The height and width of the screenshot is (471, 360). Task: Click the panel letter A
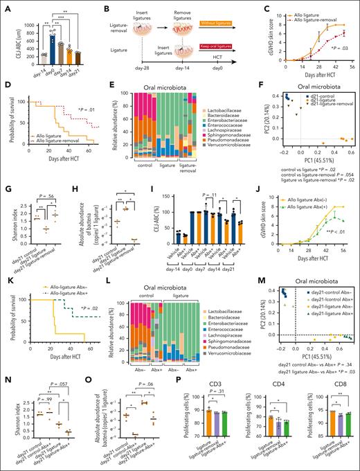pos(6,6)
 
